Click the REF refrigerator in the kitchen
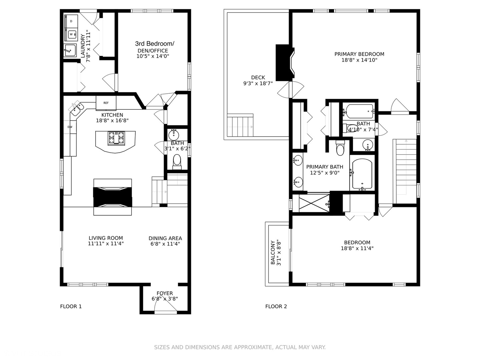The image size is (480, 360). pyautogui.click(x=106, y=103)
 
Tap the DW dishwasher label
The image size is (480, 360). pyautogui.click(x=70, y=127)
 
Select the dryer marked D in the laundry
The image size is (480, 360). pyautogui.click(x=71, y=21)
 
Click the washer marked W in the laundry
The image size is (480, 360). pyautogui.click(x=71, y=34)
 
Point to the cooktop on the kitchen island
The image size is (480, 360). pyautogui.click(x=116, y=138)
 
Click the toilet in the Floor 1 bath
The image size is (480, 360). pyautogui.click(x=177, y=161)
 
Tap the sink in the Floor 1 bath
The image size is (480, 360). pyautogui.click(x=173, y=135)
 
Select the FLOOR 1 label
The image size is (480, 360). pyautogui.click(x=71, y=306)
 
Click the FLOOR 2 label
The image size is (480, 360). pyautogui.click(x=276, y=306)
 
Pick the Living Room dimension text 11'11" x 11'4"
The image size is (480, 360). pyautogui.click(x=106, y=244)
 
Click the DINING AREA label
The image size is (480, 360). pyautogui.click(x=165, y=238)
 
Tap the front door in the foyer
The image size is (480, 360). pyautogui.click(x=165, y=312)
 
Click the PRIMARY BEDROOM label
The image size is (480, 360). pyautogui.click(x=359, y=54)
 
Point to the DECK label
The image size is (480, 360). pyautogui.click(x=258, y=77)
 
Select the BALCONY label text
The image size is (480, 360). pyautogui.click(x=273, y=252)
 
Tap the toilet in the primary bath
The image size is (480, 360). pyautogui.click(x=340, y=149)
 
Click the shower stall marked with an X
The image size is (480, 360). pyautogui.click(x=314, y=203)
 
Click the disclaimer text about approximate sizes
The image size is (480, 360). pyautogui.click(x=240, y=347)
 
